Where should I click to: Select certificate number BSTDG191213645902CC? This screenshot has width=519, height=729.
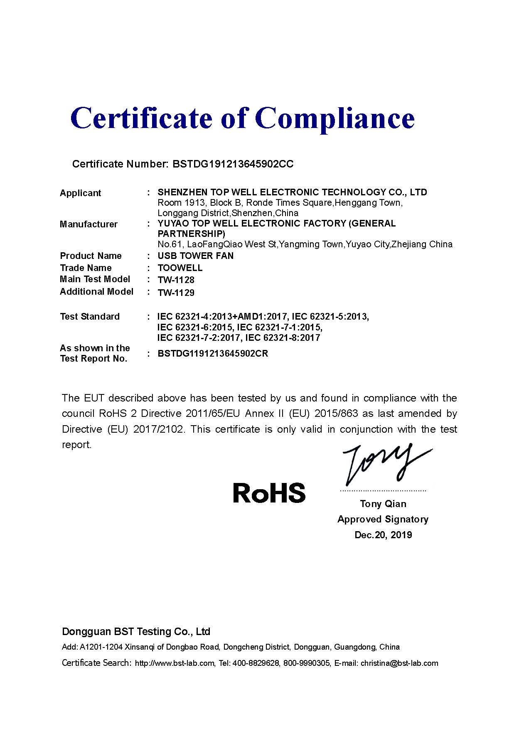233,164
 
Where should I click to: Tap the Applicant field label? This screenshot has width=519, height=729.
80,193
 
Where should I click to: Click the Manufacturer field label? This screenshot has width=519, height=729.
89,224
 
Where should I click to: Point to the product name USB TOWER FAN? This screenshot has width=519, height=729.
195,256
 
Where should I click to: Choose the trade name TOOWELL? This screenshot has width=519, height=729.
180,268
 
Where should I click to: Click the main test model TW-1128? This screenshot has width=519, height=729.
176,280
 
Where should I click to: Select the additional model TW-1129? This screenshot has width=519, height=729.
176,293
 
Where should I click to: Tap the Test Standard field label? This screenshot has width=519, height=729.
89,317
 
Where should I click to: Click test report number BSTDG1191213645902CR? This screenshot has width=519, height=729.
213,354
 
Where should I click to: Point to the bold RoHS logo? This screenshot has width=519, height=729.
269,493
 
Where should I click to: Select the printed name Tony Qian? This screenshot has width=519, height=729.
383,504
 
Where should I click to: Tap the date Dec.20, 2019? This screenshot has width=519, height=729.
383,535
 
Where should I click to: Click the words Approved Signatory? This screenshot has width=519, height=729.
383,520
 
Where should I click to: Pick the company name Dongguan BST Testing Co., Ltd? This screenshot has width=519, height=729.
136,632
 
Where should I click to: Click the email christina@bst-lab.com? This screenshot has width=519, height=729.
399,663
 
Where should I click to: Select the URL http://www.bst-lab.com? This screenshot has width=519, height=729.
175,663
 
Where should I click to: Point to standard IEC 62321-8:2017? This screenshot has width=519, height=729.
283,338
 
